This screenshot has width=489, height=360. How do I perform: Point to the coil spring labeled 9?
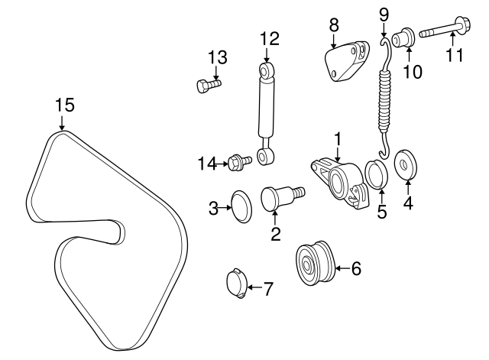pyautogui.click(x=386, y=91)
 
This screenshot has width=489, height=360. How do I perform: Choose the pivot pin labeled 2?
pyautogui.click(x=280, y=199)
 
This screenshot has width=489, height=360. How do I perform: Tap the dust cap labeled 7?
pyautogui.click(x=238, y=283)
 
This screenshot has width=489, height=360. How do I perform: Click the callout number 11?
pyautogui.click(x=455, y=56)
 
